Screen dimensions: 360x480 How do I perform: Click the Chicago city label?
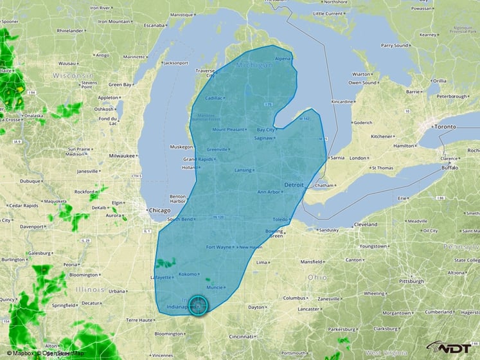pyautogui.click(x=160, y=211)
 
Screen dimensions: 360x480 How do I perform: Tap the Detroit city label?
pyautogui.click(x=294, y=185)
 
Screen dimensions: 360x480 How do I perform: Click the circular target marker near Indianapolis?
pyautogui.click(x=199, y=305)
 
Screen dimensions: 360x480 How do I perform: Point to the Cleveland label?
pyautogui.click(x=365, y=224)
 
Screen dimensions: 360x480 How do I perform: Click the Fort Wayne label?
pyautogui.click(x=218, y=248)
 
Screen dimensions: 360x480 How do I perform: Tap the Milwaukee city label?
pyautogui.click(x=122, y=156)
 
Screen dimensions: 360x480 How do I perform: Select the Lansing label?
pyautogui.click(x=243, y=170)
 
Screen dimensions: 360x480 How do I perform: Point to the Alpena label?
pyautogui.click(x=283, y=59)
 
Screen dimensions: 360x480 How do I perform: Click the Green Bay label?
pyautogui.click(x=120, y=84)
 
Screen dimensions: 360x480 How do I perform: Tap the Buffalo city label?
pyautogui.click(x=450, y=168)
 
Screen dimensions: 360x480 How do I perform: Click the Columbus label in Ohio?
pyautogui.click(x=294, y=298)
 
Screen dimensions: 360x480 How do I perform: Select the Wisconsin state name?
pyautogui.click(x=73, y=75)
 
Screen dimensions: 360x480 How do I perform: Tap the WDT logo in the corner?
pyautogui.click(x=452, y=347)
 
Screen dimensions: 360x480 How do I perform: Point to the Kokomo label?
pyautogui.click(x=187, y=274)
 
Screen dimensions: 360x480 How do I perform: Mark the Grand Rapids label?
pyautogui.click(x=198, y=159)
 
